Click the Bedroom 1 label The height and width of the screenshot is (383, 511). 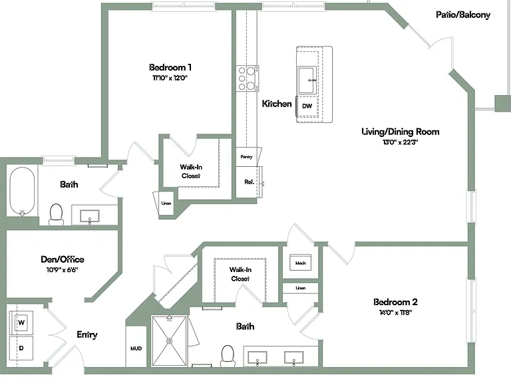click(x=170, y=67)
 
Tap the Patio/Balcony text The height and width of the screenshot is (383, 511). click(x=463, y=15)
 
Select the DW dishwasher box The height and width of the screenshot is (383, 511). click(x=307, y=106)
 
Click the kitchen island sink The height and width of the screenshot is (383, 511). click(x=306, y=80)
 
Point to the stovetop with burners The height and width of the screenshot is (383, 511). click(x=248, y=78)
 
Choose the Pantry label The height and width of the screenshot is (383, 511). click(x=246, y=157)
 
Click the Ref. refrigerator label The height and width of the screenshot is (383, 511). click(x=250, y=182)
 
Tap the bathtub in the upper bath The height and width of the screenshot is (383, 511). click(x=22, y=191)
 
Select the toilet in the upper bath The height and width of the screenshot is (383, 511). click(x=56, y=214)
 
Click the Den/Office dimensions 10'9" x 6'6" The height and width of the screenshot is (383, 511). click(x=63, y=270)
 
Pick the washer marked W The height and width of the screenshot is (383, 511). click(x=21, y=322)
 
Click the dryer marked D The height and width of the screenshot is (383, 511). click(x=21, y=348)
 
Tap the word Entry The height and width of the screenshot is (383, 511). click(x=87, y=334)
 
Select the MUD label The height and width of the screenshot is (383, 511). click(x=136, y=348)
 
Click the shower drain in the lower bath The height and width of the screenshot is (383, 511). click(x=170, y=341)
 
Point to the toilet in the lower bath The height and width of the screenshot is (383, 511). click(x=228, y=356)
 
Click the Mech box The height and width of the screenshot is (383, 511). click(x=301, y=263)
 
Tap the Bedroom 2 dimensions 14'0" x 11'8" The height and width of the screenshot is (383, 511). click(x=396, y=313)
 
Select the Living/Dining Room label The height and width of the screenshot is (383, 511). click(x=401, y=132)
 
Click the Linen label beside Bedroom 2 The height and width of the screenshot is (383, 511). click(x=301, y=288)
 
